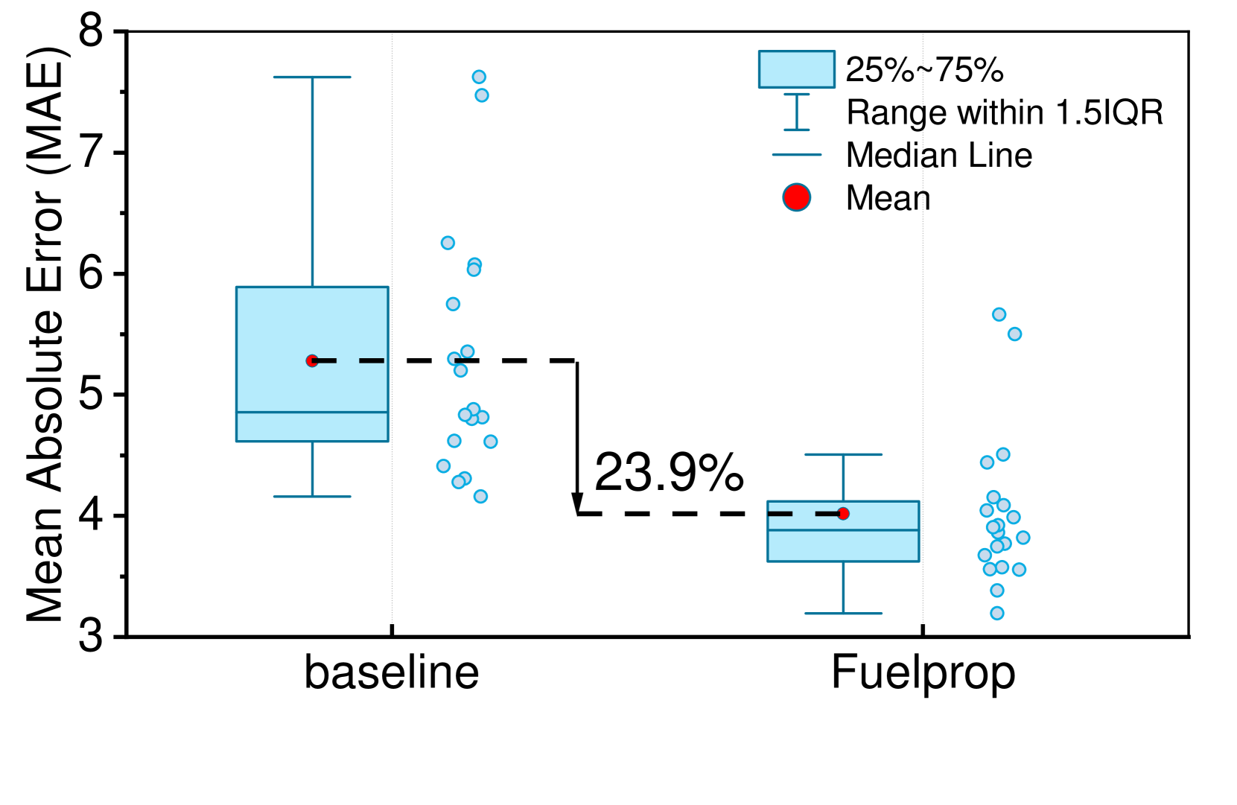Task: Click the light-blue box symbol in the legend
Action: pyautogui.click(x=796, y=69)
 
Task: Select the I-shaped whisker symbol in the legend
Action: pyautogui.click(x=796, y=112)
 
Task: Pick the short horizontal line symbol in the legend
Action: pyautogui.click(x=796, y=155)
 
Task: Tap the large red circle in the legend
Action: pyautogui.click(x=796, y=197)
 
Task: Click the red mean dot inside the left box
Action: pyautogui.click(x=312, y=360)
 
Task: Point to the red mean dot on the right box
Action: pyautogui.click(x=843, y=513)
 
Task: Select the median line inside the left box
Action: pyautogui.click(x=312, y=412)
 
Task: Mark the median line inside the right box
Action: pyautogui.click(x=843, y=530)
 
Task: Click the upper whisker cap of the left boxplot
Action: pyautogui.click(x=312, y=77)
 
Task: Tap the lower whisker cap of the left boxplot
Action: pyautogui.click(x=312, y=497)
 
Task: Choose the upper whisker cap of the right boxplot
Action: pyautogui.click(x=843, y=454)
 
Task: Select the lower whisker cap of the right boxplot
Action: pyautogui.click(x=843, y=614)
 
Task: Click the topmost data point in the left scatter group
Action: pyautogui.click(x=479, y=77)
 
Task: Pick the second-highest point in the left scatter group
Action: pyautogui.click(x=482, y=95)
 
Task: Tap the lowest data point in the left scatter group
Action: pyautogui.click(x=480, y=497)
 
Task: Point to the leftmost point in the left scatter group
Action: pyautogui.click(x=443, y=466)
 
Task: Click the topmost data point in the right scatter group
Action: pyautogui.click(x=999, y=314)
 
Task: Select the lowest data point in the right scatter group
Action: pyautogui.click(x=996, y=613)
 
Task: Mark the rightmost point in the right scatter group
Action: pyautogui.click(x=1023, y=538)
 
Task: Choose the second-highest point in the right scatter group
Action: pyautogui.click(x=1014, y=334)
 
